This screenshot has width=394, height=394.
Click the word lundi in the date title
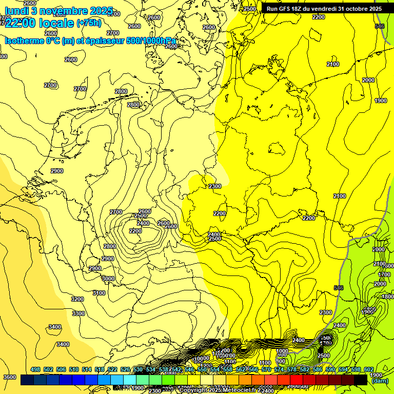click(16, 10)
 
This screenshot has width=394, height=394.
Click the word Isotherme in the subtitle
click(24, 41)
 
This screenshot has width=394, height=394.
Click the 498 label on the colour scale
click(35, 369)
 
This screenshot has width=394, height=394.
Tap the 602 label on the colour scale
click(368, 369)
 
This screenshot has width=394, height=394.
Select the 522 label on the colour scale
click(112, 369)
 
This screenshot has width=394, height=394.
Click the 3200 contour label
click(77, 299)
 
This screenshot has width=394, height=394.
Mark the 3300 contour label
click(78, 313)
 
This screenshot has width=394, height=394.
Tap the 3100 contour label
click(99, 293)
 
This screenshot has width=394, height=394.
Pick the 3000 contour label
click(108, 279)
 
